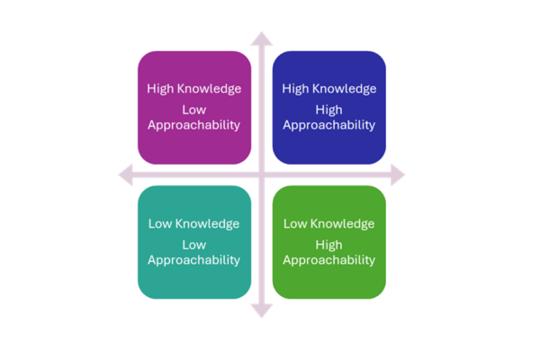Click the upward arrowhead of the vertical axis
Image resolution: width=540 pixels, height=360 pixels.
coord(261,39)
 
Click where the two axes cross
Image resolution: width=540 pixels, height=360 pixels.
coord(261,175)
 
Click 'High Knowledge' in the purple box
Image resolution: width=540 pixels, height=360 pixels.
coord(194,88)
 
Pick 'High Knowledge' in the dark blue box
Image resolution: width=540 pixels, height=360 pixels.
coord(329,88)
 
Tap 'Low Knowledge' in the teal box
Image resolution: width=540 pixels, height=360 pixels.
coord(194,223)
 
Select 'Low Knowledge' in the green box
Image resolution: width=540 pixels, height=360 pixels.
coord(329,223)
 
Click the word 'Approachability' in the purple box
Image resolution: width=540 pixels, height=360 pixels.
coord(194,125)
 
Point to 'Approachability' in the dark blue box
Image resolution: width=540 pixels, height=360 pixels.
coord(329,125)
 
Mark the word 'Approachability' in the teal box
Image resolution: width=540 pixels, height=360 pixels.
coord(194,260)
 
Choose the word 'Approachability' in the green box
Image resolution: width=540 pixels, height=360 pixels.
coord(329,260)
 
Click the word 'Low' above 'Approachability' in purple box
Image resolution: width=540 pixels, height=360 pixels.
coord(194,110)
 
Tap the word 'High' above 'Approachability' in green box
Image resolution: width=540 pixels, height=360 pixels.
coord(329,245)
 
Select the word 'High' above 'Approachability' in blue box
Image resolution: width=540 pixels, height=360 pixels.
coord(329,110)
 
